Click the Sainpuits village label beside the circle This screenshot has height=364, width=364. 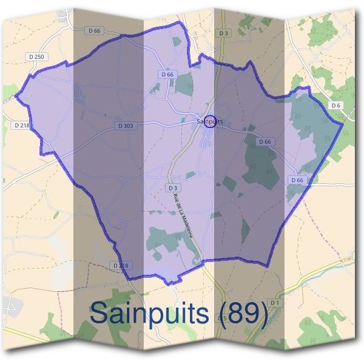pyautogui.click(x=209, y=121)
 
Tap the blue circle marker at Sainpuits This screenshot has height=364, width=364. pyautogui.click(x=210, y=121)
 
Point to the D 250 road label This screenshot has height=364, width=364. pyautogui.click(x=36, y=56)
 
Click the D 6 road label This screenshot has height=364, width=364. pyautogui.click(x=335, y=105)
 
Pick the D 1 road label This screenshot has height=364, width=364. pyautogui.click(x=275, y=302)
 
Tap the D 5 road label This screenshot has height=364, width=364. pyautogui.click(x=223, y=318)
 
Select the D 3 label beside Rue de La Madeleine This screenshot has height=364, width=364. pyautogui.click(x=172, y=188)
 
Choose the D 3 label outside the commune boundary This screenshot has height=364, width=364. pyautogui.click(x=224, y=33)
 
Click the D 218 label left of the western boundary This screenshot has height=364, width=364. pyautogui.click(x=20, y=125)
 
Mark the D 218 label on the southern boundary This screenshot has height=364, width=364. pyautogui.click(x=121, y=266)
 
